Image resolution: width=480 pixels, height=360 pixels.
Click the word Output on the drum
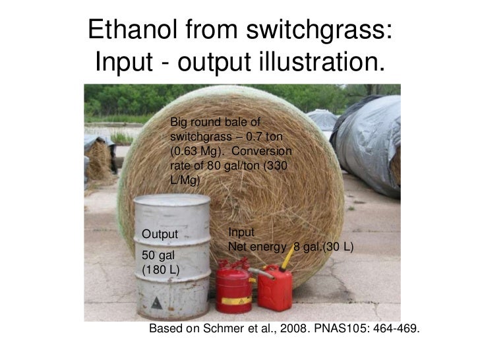[x=161, y=234]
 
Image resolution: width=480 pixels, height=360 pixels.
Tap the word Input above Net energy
[x=241, y=232]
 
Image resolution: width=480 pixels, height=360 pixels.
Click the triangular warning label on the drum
[x=156, y=303]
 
